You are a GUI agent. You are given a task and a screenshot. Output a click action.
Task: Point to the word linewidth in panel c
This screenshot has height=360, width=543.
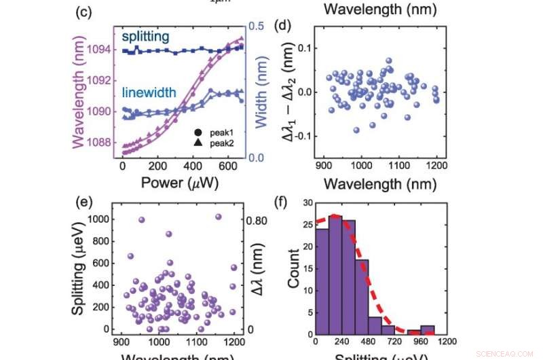(x=150, y=92)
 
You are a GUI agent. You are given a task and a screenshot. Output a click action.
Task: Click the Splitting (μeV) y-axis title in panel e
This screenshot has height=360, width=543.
(x=79, y=270)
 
